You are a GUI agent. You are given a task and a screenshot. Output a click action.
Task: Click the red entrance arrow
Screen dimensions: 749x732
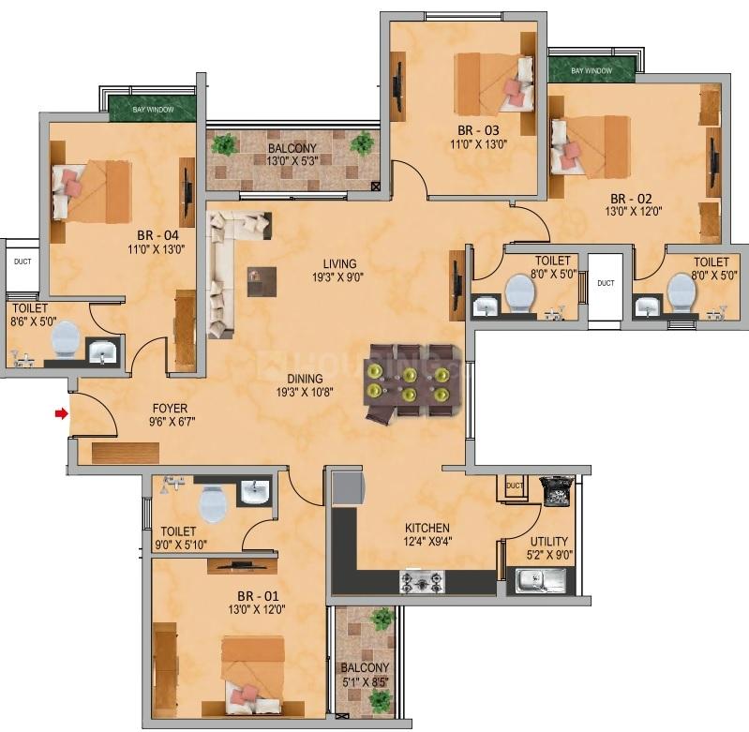62,413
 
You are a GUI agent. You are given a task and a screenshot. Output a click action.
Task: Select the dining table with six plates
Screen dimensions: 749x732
412,382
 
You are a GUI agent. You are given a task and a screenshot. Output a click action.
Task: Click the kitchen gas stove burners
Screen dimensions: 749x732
422,582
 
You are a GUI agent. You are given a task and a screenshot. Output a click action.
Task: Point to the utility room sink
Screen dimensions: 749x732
541,580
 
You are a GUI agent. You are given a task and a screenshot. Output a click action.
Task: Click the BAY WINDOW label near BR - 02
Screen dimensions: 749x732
592,70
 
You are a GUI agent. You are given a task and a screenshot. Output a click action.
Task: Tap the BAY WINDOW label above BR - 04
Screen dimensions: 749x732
153,110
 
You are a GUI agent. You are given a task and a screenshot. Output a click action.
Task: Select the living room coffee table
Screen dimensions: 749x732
262,282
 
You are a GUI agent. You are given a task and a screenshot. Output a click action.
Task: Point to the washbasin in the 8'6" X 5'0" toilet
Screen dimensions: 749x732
102,351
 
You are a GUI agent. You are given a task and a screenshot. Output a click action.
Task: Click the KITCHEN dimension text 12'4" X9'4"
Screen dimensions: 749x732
427,541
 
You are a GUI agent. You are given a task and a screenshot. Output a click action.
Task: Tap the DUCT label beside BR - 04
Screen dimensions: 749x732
22,261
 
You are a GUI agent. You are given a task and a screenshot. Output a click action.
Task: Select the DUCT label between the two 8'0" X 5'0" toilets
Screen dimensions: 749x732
606,283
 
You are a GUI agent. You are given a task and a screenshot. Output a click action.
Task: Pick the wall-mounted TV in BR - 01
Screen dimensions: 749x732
241,566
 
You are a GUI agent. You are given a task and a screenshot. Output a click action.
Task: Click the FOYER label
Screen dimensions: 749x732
170,409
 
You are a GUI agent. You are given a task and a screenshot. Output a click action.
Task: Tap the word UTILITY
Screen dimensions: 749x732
548,541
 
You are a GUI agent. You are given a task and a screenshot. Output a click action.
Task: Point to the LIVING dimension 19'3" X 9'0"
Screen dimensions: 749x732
338,276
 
